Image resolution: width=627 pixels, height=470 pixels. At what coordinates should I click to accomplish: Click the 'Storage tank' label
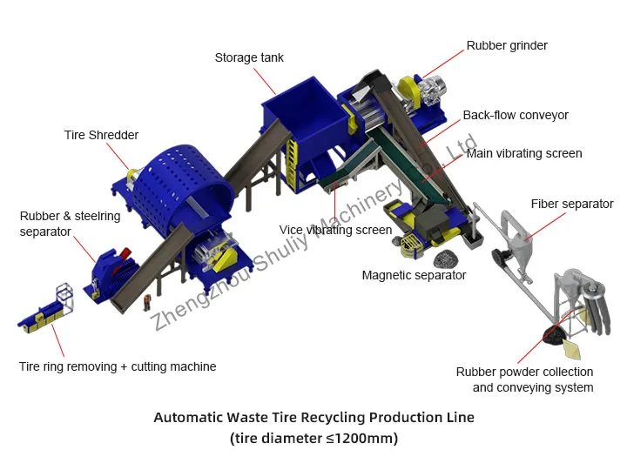[x=249, y=58]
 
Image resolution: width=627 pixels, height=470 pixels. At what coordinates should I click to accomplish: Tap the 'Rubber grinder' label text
[x=507, y=45]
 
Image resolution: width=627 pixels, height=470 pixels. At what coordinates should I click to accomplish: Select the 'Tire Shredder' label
[x=101, y=135]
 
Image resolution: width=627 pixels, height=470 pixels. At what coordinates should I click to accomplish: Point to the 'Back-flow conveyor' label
[x=516, y=115]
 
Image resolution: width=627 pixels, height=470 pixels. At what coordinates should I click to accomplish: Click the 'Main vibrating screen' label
[x=524, y=153]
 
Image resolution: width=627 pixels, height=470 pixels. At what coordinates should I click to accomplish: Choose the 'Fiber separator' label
[x=572, y=205]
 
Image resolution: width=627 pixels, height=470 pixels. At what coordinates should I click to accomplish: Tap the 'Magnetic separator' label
[x=414, y=275]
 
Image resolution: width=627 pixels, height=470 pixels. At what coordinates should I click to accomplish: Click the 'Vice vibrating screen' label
[x=335, y=231]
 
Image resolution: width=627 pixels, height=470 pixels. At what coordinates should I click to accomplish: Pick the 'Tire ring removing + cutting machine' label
[x=118, y=366]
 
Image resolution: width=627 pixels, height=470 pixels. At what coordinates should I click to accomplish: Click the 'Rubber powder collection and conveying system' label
[x=525, y=379]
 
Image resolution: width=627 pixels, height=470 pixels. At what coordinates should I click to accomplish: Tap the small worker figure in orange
[x=147, y=302]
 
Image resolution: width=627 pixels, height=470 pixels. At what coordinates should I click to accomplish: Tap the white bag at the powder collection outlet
[x=573, y=349]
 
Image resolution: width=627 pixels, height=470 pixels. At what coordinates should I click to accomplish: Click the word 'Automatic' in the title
[x=189, y=417]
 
